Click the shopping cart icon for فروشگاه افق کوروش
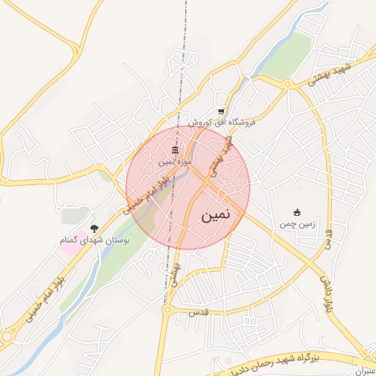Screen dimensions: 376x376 (220, 112)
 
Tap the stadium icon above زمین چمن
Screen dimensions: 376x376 (297, 212)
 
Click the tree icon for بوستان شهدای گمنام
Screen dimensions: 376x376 (93, 228)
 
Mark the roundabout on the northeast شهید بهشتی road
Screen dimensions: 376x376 (287, 84)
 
